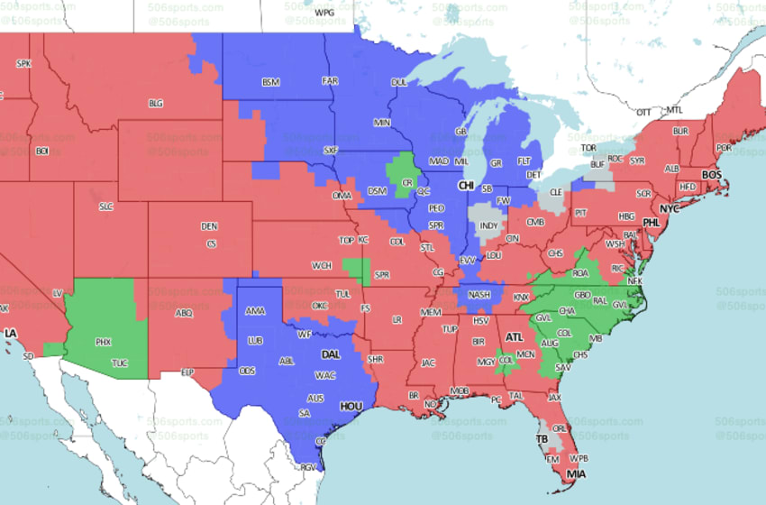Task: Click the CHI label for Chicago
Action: [x=466, y=186]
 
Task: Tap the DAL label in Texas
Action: [x=331, y=354]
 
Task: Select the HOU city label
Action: [x=351, y=407]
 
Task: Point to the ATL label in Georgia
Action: [x=514, y=337]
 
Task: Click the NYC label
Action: [x=669, y=208]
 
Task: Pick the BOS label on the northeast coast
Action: [x=711, y=174]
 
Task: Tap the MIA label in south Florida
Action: [x=574, y=474]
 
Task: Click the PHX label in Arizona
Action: [x=103, y=342]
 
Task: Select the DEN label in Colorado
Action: [x=209, y=225]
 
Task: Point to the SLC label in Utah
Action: [x=106, y=207]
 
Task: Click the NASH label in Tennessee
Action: [x=479, y=294]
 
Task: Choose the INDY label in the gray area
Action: [x=488, y=225]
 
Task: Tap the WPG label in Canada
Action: [x=323, y=13]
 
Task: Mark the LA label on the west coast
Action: [x=11, y=334]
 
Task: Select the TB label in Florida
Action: [x=542, y=439]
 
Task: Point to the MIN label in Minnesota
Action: [x=382, y=123]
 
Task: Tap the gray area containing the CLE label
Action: [x=556, y=193]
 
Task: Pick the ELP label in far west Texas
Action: [x=188, y=372]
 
